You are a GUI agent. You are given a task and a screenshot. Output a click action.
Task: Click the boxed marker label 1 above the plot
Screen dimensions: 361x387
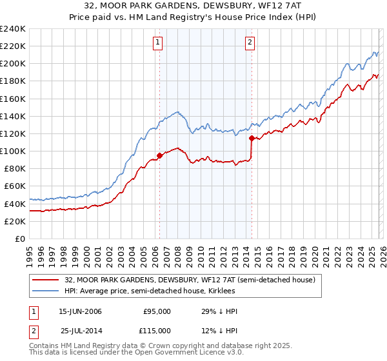(159, 43)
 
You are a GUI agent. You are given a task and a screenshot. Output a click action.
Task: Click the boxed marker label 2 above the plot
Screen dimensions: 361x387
(250, 43)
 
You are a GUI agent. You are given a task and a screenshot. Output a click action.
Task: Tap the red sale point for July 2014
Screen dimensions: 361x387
(252, 137)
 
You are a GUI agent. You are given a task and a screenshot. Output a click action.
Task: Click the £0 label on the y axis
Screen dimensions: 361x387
(19, 239)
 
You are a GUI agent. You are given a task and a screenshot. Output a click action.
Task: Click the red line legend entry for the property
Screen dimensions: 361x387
(190, 280)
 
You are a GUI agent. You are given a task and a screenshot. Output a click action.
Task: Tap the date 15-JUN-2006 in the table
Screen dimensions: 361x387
(80, 311)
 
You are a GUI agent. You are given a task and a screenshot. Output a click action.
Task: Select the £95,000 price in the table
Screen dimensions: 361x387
(157, 311)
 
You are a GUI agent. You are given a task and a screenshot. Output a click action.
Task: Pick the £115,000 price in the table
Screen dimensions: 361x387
(157, 331)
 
